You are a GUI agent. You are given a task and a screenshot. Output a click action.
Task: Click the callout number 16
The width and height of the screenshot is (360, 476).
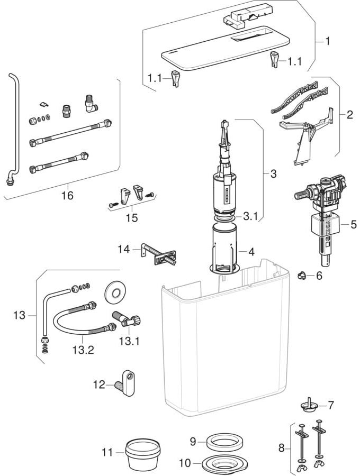pos(67,196)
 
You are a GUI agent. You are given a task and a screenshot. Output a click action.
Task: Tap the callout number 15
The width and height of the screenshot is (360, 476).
pos(132,217)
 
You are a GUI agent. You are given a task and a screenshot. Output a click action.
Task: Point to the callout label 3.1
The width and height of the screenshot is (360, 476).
pos(251,216)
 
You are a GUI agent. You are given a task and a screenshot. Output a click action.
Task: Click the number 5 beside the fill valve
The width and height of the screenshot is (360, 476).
pos(353,224)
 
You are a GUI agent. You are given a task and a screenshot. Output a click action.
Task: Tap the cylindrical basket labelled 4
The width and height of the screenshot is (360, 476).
pos(226,249)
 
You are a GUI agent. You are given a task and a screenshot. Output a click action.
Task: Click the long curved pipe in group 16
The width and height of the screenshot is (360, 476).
pos(14,127)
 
